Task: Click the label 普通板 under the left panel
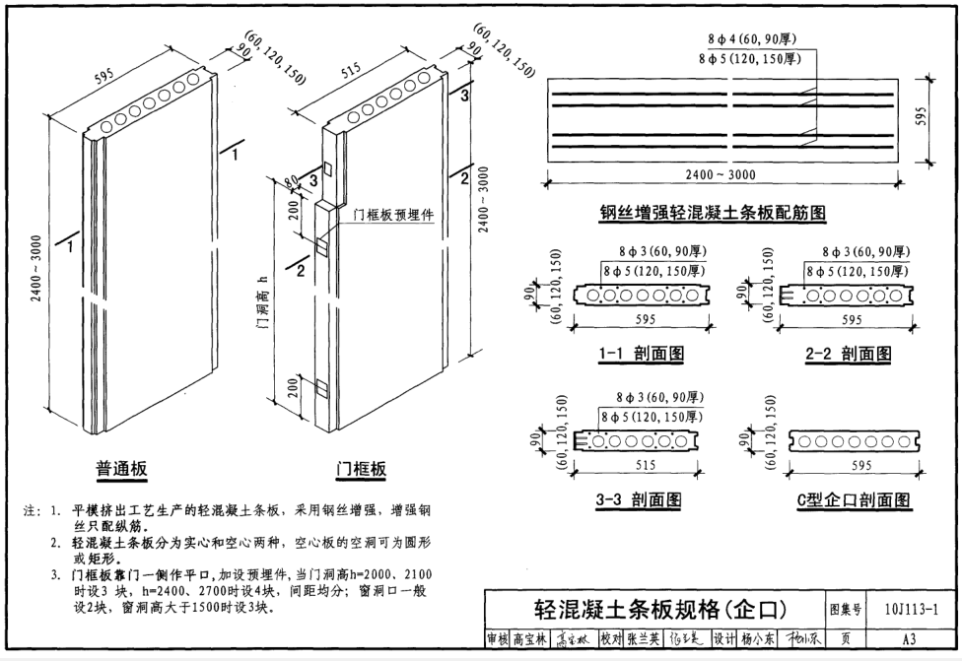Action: pos(121,468)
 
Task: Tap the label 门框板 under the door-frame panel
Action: pos(361,468)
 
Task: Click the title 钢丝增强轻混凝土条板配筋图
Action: pos(713,212)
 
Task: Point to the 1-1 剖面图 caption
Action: pos(640,353)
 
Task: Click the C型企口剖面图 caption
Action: pos(854,499)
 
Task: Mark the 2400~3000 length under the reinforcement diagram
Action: pos(722,174)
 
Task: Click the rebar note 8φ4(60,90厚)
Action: pos(752,38)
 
